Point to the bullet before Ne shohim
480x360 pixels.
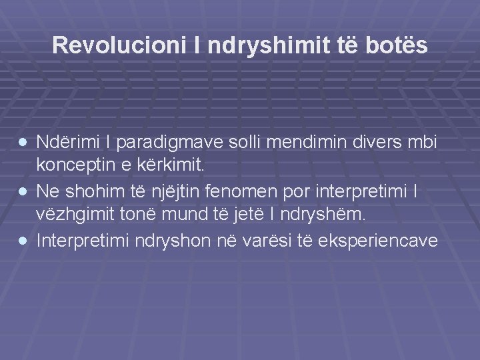[24, 191]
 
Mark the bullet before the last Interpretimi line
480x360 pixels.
[24, 240]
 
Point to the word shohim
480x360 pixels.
[93, 191]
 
